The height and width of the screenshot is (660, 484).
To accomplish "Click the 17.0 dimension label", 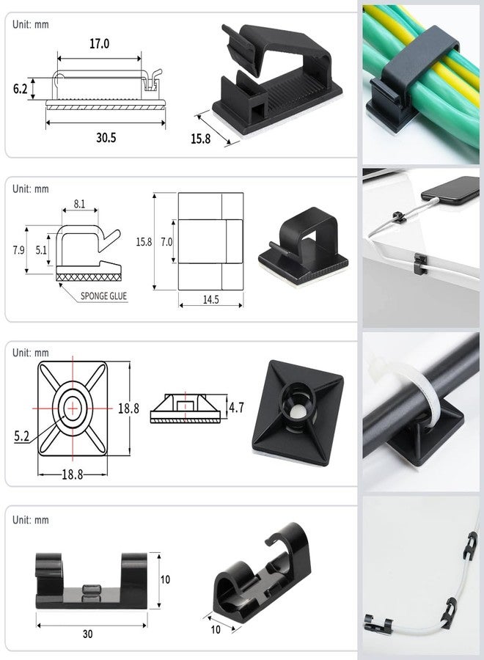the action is [x=99, y=44].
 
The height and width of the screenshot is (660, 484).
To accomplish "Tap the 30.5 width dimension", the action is [x=106, y=138].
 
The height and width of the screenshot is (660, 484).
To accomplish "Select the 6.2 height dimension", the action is [x=21, y=89].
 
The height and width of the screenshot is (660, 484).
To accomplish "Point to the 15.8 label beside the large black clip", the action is [x=200, y=139].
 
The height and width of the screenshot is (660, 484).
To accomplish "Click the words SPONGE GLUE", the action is [x=103, y=296].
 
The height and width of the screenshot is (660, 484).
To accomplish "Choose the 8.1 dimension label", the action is [x=79, y=204].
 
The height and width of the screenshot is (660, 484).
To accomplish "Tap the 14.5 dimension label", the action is [x=211, y=300].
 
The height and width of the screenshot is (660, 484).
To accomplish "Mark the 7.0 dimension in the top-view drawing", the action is [x=166, y=242].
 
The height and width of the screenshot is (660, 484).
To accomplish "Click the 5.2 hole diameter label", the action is [x=21, y=436].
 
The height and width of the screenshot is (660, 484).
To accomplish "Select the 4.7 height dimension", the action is [x=236, y=408].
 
